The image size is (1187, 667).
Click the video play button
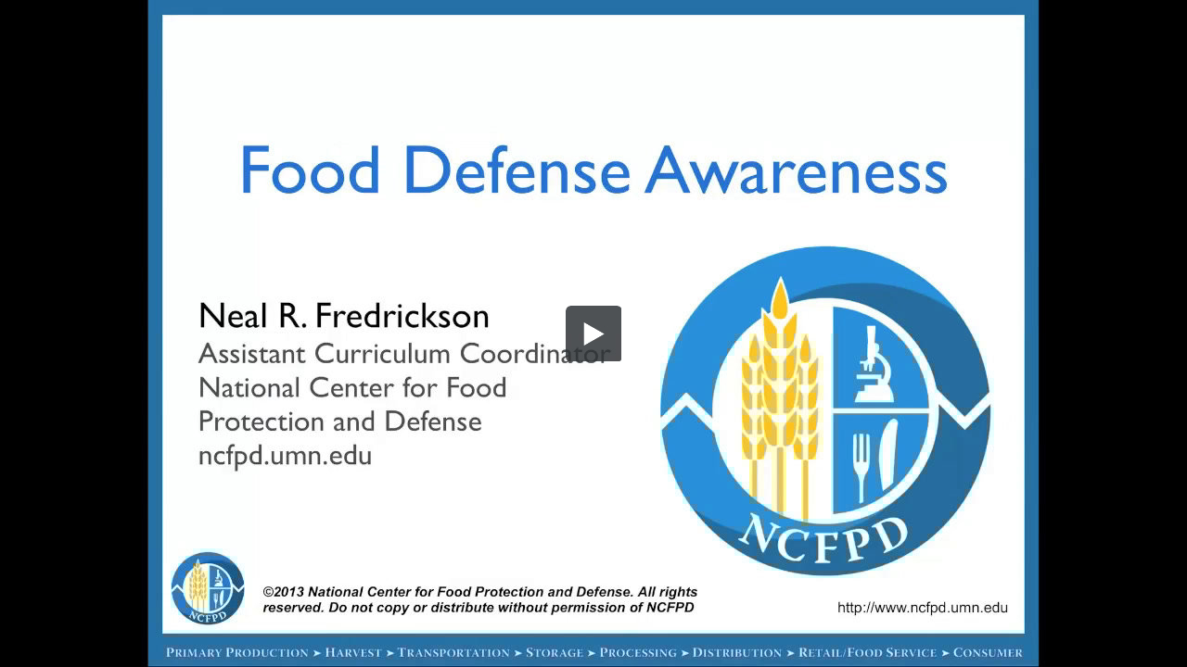coord(593,333)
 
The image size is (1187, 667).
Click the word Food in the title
coord(310,171)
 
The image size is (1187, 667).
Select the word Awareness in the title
coord(796,171)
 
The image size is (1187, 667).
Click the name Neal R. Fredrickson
coord(344,316)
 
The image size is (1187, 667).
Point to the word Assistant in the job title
coord(252,354)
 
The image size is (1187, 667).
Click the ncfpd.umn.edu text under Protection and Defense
coord(285,456)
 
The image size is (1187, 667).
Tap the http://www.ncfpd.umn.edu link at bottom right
coord(922,608)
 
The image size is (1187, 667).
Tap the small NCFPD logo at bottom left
coord(208,588)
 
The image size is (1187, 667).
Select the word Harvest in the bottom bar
coord(352,653)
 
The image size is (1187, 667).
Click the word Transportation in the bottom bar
coord(453,653)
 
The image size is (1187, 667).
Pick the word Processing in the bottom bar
coord(638,653)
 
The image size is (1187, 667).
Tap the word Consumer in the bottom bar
coord(988,653)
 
